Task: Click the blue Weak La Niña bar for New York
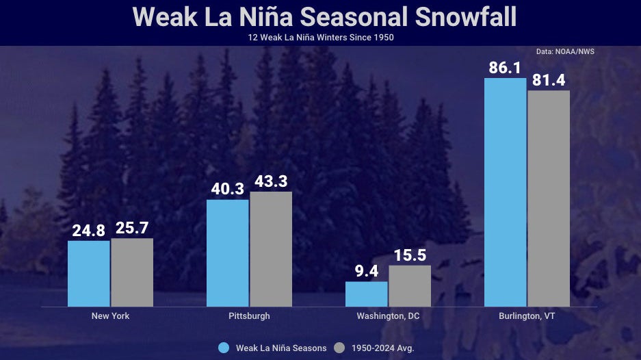[88, 274]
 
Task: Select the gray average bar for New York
[132, 272]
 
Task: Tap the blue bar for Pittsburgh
[228, 253]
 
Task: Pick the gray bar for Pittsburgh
[271, 249]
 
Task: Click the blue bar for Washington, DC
[367, 294]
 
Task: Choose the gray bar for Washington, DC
[410, 286]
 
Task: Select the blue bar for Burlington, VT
[506, 192]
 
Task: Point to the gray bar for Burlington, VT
[549, 198]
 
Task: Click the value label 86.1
[506, 68]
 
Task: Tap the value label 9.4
[367, 272]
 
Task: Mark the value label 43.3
[271, 182]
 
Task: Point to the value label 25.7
[132, 229]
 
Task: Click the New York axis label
[110, 316]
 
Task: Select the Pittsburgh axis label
[249, 316]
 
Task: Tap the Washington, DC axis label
[388, 316]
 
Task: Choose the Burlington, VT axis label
[527, 316]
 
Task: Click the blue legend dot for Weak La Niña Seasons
[224, 348]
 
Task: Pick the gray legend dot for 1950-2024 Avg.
[339, 348]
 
